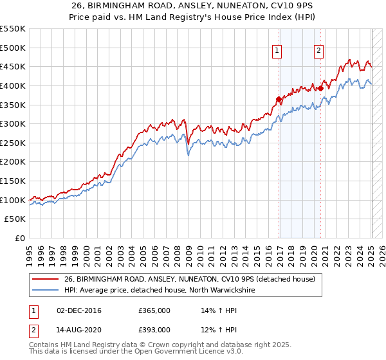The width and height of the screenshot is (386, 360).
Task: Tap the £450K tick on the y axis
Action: (x=13, y=67)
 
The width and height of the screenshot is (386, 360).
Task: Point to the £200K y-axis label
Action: (x=13, y=162)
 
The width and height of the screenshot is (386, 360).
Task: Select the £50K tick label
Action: (x=15, y=219)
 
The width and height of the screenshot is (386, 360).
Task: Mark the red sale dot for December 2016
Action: (x=279, y=99)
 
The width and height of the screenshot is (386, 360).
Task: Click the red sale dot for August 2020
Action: (x=320, y=88)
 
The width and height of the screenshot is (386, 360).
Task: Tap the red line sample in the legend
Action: (x=46, y=279)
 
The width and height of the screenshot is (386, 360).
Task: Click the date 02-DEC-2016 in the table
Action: (x=78, y=311)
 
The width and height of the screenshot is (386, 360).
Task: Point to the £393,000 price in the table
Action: (x=154, y=330)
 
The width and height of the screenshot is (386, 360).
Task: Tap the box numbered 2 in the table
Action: (x=33, y=330)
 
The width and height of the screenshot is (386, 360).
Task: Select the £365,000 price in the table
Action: (x=154, y=311)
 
